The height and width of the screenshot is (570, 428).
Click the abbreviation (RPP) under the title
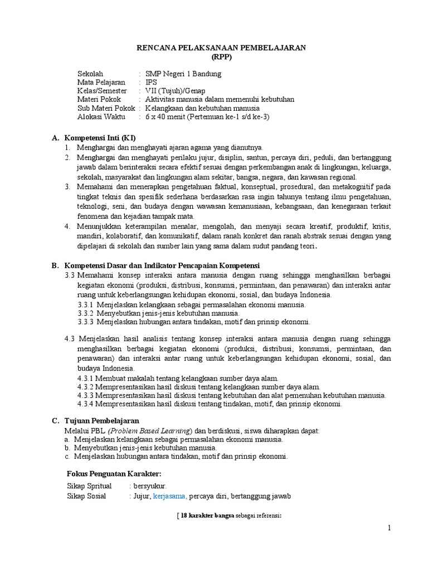(x=221, y=57)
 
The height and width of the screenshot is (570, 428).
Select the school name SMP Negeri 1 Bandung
(x=183, y=73)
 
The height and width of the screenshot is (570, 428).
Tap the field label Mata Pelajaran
(x=101, y=82)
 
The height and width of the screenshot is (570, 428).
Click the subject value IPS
(x=152, y=82)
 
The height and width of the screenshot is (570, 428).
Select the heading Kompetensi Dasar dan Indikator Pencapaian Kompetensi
(x=162, y=266)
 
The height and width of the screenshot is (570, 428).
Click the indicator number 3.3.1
(x=86, y=304)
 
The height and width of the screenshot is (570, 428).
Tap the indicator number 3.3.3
(x=86, y=322)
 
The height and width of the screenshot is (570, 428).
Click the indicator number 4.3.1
(x=86, y=378)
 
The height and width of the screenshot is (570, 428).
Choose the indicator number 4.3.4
(x=86, y=404)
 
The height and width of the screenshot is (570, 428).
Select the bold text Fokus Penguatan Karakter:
(x=114, y=473)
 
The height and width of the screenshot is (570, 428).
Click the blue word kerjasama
(x=170, y=496)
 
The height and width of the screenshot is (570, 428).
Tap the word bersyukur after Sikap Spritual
(x=148, y=486)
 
